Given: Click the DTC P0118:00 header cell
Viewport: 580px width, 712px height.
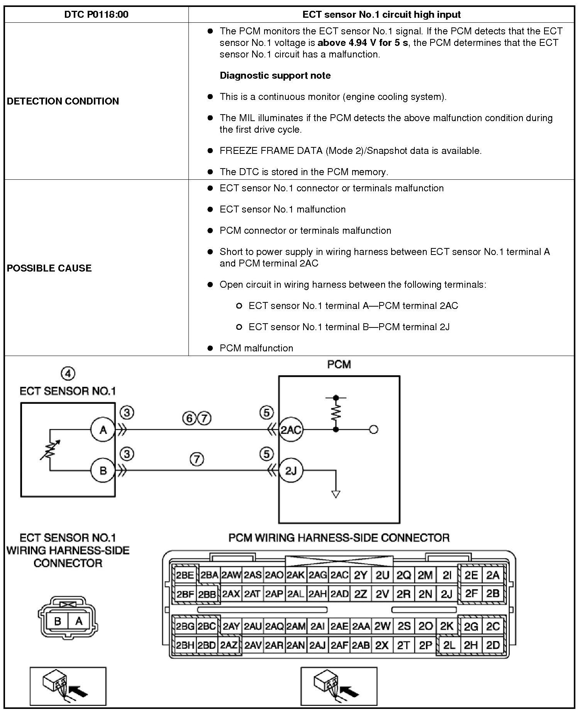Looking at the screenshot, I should tap(96, 15).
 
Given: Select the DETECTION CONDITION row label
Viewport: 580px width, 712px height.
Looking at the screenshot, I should tap(63, 101).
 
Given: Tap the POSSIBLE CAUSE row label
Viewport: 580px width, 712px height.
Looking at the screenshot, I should tap(49, 268).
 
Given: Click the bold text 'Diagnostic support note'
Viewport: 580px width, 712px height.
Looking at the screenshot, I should tap(275, 75).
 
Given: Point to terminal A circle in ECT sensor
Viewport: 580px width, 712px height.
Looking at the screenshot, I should tap(103, 429).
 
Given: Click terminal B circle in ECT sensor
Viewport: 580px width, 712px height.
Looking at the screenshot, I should tap(103, 470).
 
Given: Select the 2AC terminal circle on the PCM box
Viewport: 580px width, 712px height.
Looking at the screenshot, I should tap(290, 429).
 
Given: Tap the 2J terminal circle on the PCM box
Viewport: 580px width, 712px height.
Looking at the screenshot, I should tap(290, 470).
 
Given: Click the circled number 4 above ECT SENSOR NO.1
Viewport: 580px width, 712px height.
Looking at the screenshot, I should tap(68, 373).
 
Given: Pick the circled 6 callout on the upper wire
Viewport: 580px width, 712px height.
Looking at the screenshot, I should tap(190, 418).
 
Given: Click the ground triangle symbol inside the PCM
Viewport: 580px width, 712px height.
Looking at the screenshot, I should tap(336, 494).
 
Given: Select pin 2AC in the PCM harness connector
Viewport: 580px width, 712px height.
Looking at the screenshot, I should tap(339, 575).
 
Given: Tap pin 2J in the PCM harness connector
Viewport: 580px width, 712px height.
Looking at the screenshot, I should tap(446, 594).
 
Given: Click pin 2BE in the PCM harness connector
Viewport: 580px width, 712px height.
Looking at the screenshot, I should tap(185, 575).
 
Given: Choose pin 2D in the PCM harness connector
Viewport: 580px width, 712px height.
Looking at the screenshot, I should tap(493, 645).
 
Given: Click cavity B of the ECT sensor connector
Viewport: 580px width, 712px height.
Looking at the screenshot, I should tap(58, 621).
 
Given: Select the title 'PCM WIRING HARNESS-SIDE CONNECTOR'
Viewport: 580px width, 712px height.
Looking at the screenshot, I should tap(339, 538).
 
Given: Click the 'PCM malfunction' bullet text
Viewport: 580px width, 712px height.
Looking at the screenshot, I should tap(256, 348).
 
